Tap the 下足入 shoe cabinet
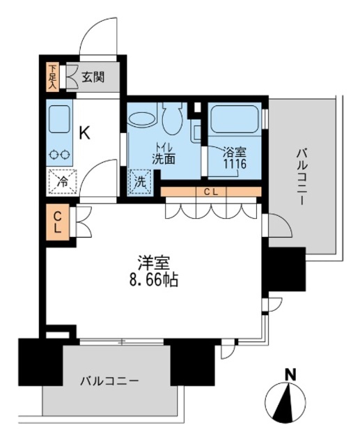pyautogui.click(x=53, y=76)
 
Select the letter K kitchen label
pyautogui.click(x=84, y=132)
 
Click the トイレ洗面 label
pyautogui.click(x=165, y=153)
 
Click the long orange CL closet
pyautogui.click(x=210, y=192)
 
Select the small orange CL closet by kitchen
pyautogui.click(x=58, y=224)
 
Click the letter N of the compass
pyautogui.click(x=290, y=375)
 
